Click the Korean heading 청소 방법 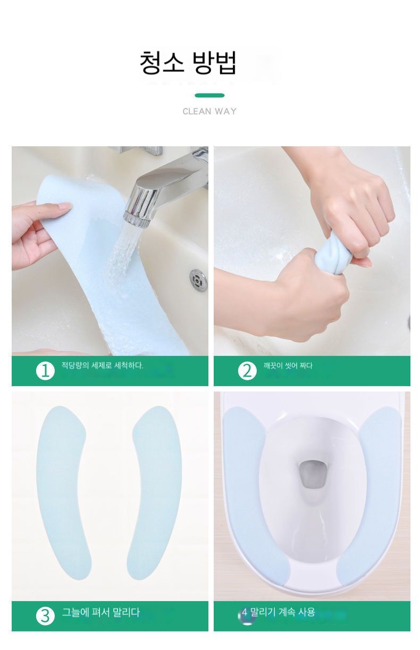click(188, 62)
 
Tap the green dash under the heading click(209, 95)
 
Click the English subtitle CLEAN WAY click(209, 111)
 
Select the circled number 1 click(45, 371)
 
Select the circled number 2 click(247, 371)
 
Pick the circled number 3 click(45, 616)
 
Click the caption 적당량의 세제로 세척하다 click(103, 365)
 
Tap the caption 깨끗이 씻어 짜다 click(288, 365)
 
